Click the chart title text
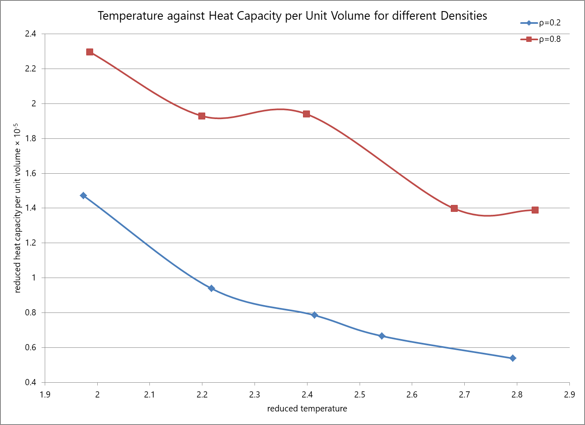pos(292,16)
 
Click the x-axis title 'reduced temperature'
pos(307,409)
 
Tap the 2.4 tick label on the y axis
pos(30,34)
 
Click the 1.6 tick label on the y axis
pos(30,173)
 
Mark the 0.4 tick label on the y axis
pos(30,382)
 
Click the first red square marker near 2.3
pos(90,52)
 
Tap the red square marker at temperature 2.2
pos(202,116)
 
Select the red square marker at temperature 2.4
pos(306,114)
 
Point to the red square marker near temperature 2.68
pos(454,209)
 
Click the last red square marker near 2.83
pos(535,210)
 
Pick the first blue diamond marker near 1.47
pos(83,195)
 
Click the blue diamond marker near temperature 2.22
pos(211,288)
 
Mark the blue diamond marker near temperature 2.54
pos(382,336)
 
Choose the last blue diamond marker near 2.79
pos(513,358)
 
